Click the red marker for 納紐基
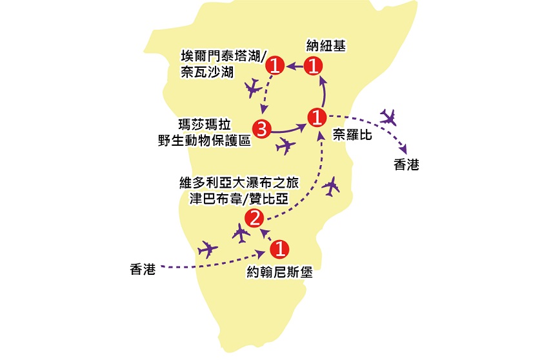click(x=314, y=65)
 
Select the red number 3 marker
click(x=261, y=128)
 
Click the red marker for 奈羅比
click(x=317, y=117)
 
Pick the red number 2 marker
click(x=254, y=218)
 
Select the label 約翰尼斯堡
click(x=279, y=272)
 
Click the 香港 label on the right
click(x=406, y=165)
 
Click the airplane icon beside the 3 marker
click(x=285, y=146)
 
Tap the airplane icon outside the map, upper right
click(x=388, y=117)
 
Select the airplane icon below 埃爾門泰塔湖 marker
click(x=254, y=88)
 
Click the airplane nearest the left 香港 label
click(x=208, y=248)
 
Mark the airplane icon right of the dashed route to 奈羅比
click(x=332, y=186)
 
